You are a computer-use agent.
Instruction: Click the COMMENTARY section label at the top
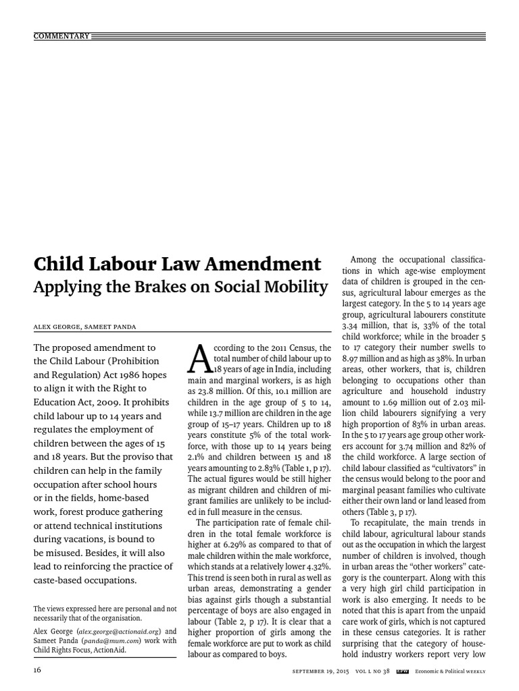[61, 36]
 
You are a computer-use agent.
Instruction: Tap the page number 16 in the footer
[38, 669]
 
